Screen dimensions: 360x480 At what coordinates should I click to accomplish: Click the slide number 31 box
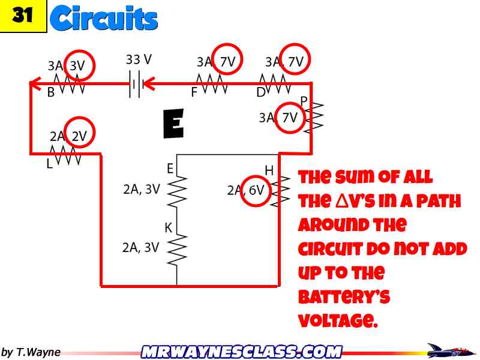click(x=23, y=16)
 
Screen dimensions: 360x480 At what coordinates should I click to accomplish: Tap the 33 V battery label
click(x=139, y=60)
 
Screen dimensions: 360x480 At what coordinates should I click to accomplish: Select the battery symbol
click(x=135, y=84)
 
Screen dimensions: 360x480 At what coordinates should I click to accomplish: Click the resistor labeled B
click(x=69, y=84)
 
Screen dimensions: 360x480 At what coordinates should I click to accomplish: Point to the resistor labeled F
click(x=212, y=84)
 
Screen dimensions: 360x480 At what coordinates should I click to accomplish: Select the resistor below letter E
click(x=178, y=190)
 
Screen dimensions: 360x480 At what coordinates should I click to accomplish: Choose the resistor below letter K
click(x=178, y=248)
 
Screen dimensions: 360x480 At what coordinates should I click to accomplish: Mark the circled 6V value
click(x=256, y=191)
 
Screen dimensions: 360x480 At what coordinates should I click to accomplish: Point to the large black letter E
click(x=173, y=124)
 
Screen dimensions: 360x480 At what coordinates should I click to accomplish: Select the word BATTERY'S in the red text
click(x=344, y=297)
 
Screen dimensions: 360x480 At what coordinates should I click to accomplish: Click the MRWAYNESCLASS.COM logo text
click(x=241, y=352)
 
